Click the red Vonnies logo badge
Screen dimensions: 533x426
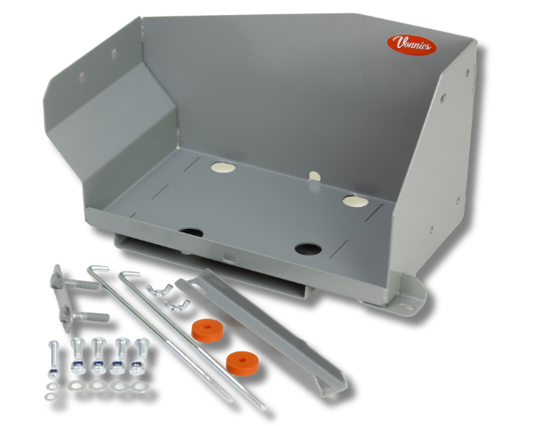[411, 45]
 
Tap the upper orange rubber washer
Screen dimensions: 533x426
[207, 330]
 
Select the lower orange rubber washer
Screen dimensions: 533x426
[242, 361]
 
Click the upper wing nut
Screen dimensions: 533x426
[159, 290]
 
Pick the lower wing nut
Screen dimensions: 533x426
[177, 304]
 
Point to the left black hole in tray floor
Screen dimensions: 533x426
[191, 233]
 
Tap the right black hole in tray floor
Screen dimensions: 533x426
[308, 249]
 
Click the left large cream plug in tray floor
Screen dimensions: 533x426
[223, 167]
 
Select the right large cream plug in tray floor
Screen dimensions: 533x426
[355, 201]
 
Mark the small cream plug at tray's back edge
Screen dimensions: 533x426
[314, 176]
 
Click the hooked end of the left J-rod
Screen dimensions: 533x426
[98, 268]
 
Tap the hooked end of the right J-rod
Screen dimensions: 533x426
[129, 273]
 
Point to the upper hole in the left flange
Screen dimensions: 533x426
[115, 52]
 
